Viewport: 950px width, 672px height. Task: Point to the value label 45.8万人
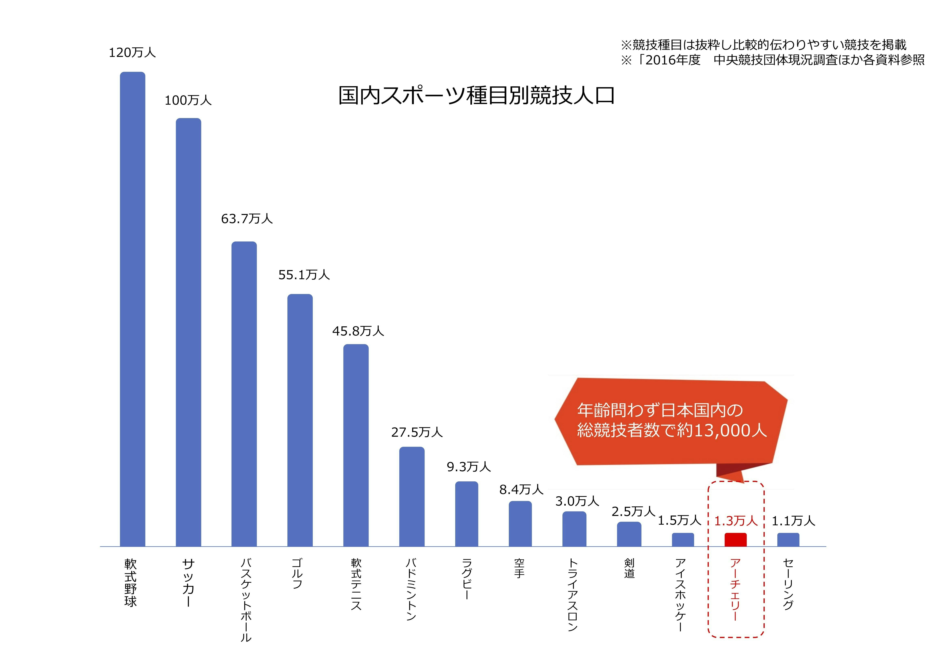coord(358,331)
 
